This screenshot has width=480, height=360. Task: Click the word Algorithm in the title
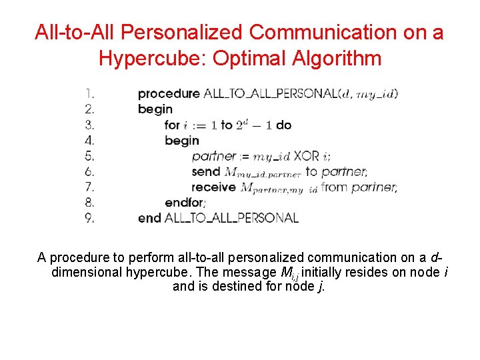tap(339, 58)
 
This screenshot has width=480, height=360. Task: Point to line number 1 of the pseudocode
tap(89, 93)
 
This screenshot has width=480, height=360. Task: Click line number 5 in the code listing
tap(89, 156)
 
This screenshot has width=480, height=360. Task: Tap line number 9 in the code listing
tap(89, 217)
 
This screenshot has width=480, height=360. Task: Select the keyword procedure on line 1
tap(168, 94)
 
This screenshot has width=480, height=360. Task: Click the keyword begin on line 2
tap(155, 109)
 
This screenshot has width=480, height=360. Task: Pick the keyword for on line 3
tap(172, 125)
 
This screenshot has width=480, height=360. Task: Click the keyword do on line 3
tap(283, 125)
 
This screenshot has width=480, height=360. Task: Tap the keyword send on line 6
tap(205, 171)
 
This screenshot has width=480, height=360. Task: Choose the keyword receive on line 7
tap(213, 187)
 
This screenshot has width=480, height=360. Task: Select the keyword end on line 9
tap(149, 217)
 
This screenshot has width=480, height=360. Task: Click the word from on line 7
tap(335, 187)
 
